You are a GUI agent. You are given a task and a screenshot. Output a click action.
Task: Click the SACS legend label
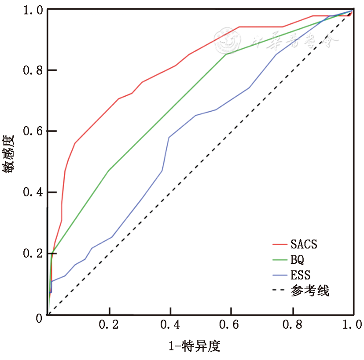pos(303,244)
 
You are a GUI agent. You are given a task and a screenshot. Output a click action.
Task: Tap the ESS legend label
pos(300,275)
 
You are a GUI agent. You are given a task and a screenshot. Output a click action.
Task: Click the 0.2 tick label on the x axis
pos(108,325)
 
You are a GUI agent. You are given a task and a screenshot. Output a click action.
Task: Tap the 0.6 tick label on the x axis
pos(231,325)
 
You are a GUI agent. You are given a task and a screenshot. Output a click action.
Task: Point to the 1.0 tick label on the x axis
pos(352,325)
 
